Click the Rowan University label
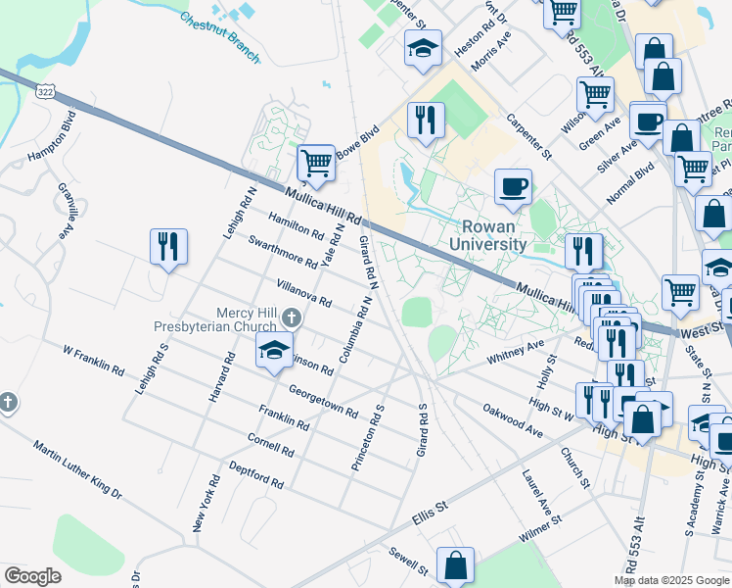[488, 235]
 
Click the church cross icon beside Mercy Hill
[291, 318]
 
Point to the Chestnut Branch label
[220, 37]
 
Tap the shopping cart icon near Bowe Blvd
[315, 163]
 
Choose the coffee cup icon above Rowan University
[512, 186]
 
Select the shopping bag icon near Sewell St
[455, 564]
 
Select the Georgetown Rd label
[323, 401]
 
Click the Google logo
[32, 576]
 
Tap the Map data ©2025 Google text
[671, 580]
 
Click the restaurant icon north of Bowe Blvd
[425, 121]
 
